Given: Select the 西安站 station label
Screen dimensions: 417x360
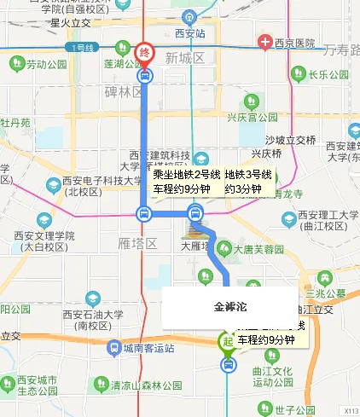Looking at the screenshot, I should (190, 33).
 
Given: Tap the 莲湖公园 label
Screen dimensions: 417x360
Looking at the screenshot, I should (120, 64).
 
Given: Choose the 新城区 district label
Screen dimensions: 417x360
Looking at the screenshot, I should (186, 58).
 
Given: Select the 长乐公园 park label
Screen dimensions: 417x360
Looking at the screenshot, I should (324, 74).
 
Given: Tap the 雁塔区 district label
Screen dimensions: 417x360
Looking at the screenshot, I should (136, 244).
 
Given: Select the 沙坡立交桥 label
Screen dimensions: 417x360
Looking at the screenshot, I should (287, 139).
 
